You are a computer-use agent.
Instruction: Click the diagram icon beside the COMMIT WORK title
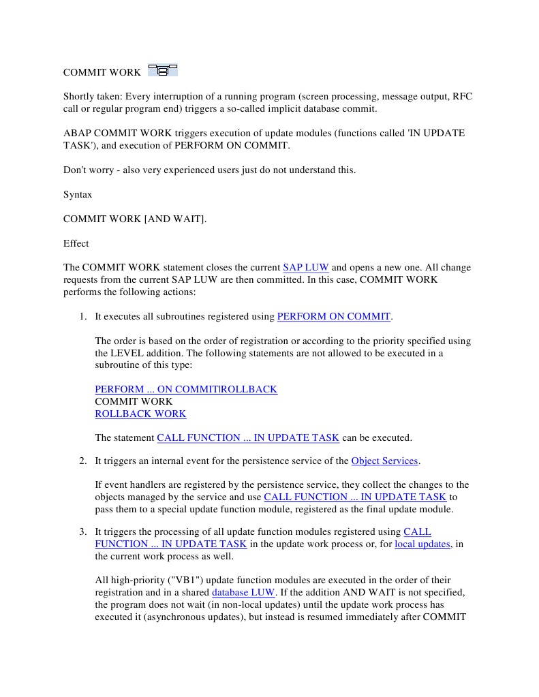click(163, 69)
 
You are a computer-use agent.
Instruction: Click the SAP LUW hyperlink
click(305, 268)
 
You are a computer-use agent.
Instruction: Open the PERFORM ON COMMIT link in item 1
click(334, 316)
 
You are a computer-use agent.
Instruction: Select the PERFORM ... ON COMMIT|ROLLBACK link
click(186, 389)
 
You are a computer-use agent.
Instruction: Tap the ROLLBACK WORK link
click(140, 414)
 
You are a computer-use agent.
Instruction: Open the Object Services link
click(384, 461)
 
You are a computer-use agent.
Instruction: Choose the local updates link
click(422, 544)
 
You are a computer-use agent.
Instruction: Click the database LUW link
click(243, 592)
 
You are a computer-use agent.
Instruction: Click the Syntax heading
click(78, 195)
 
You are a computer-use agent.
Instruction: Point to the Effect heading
click(76, 243)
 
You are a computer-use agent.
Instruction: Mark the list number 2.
click(82, 461)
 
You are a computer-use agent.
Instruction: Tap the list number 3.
click(82, 531)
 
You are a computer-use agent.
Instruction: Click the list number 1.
click(82, 316)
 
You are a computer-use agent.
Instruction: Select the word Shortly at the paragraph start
click(81, 97)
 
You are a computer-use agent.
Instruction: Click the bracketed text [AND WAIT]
click(175, 219)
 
